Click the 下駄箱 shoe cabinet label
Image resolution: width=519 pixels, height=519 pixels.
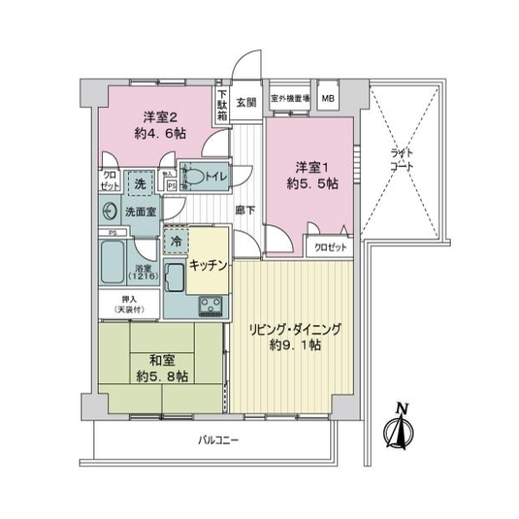pyautogui.click(x=222, y=103)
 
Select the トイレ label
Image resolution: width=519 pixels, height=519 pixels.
pyautogui.click(x=215, y=176)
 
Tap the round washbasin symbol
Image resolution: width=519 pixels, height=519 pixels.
pyautogui.click(x=109, y=210)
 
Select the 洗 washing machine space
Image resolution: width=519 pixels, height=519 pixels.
pyautogui.click(x=139, y=183)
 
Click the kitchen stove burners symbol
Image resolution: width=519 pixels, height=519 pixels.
pyautogui.click(x=210, y=304)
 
